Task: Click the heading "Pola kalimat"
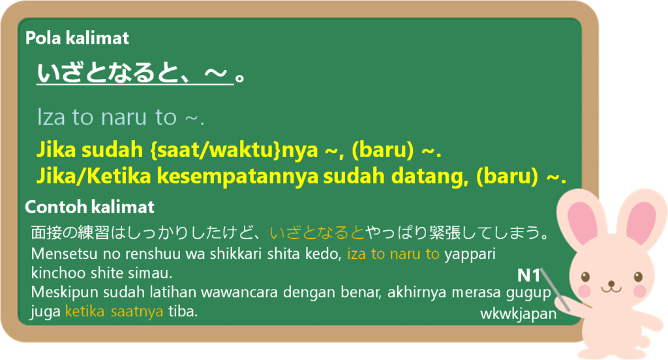click(77, 38)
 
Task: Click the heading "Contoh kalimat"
click(89, 207)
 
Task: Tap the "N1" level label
click(528, 276)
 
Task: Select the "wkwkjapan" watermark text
click(519, 314)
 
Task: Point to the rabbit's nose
click(612, 283)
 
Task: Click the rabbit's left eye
click(586, 277)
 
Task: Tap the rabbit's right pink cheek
click(639, 292)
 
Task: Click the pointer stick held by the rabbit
click(556, 290)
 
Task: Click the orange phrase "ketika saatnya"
click(114, 312)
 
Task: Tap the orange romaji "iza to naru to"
click(393, 254)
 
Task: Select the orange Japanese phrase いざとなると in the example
click(318, 233)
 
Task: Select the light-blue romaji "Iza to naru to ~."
click(121, 117)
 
